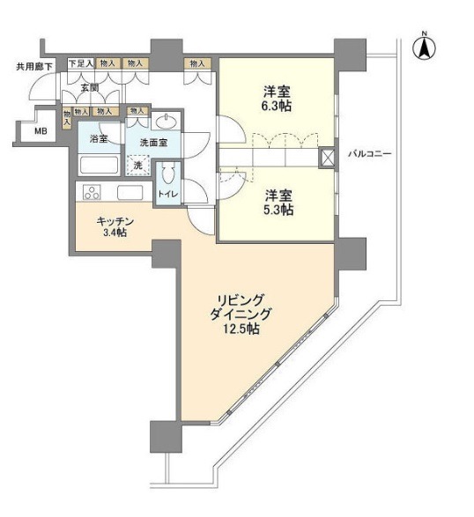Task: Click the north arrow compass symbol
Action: [x=424, y=47]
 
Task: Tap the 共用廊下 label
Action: [x=34, y=67]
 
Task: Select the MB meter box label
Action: [x=41, y=131]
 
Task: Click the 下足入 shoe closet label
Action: [x=81, y=63]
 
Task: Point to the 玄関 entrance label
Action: [x=90, y=88]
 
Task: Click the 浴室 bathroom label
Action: [x=99, y=138]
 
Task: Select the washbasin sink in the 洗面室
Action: [x=166, y=122]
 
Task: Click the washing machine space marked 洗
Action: [x=138, y=165]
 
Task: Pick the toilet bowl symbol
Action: [x=168, y=174]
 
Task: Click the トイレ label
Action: [x=168, y=194]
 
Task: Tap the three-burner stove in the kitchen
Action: [x=93, y=192]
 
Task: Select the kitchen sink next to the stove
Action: [x=130, y=192]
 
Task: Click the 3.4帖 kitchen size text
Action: [x=115, y=233]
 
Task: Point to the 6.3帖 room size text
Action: [x=278, y=106]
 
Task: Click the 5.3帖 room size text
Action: [x=278, y=210]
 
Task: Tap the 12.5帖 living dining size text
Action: [x=241, y=329]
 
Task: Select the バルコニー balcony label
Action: [x=370, y=153]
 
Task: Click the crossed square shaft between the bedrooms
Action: [x=327, y=158]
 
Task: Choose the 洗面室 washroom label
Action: [x=153, y=143]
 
